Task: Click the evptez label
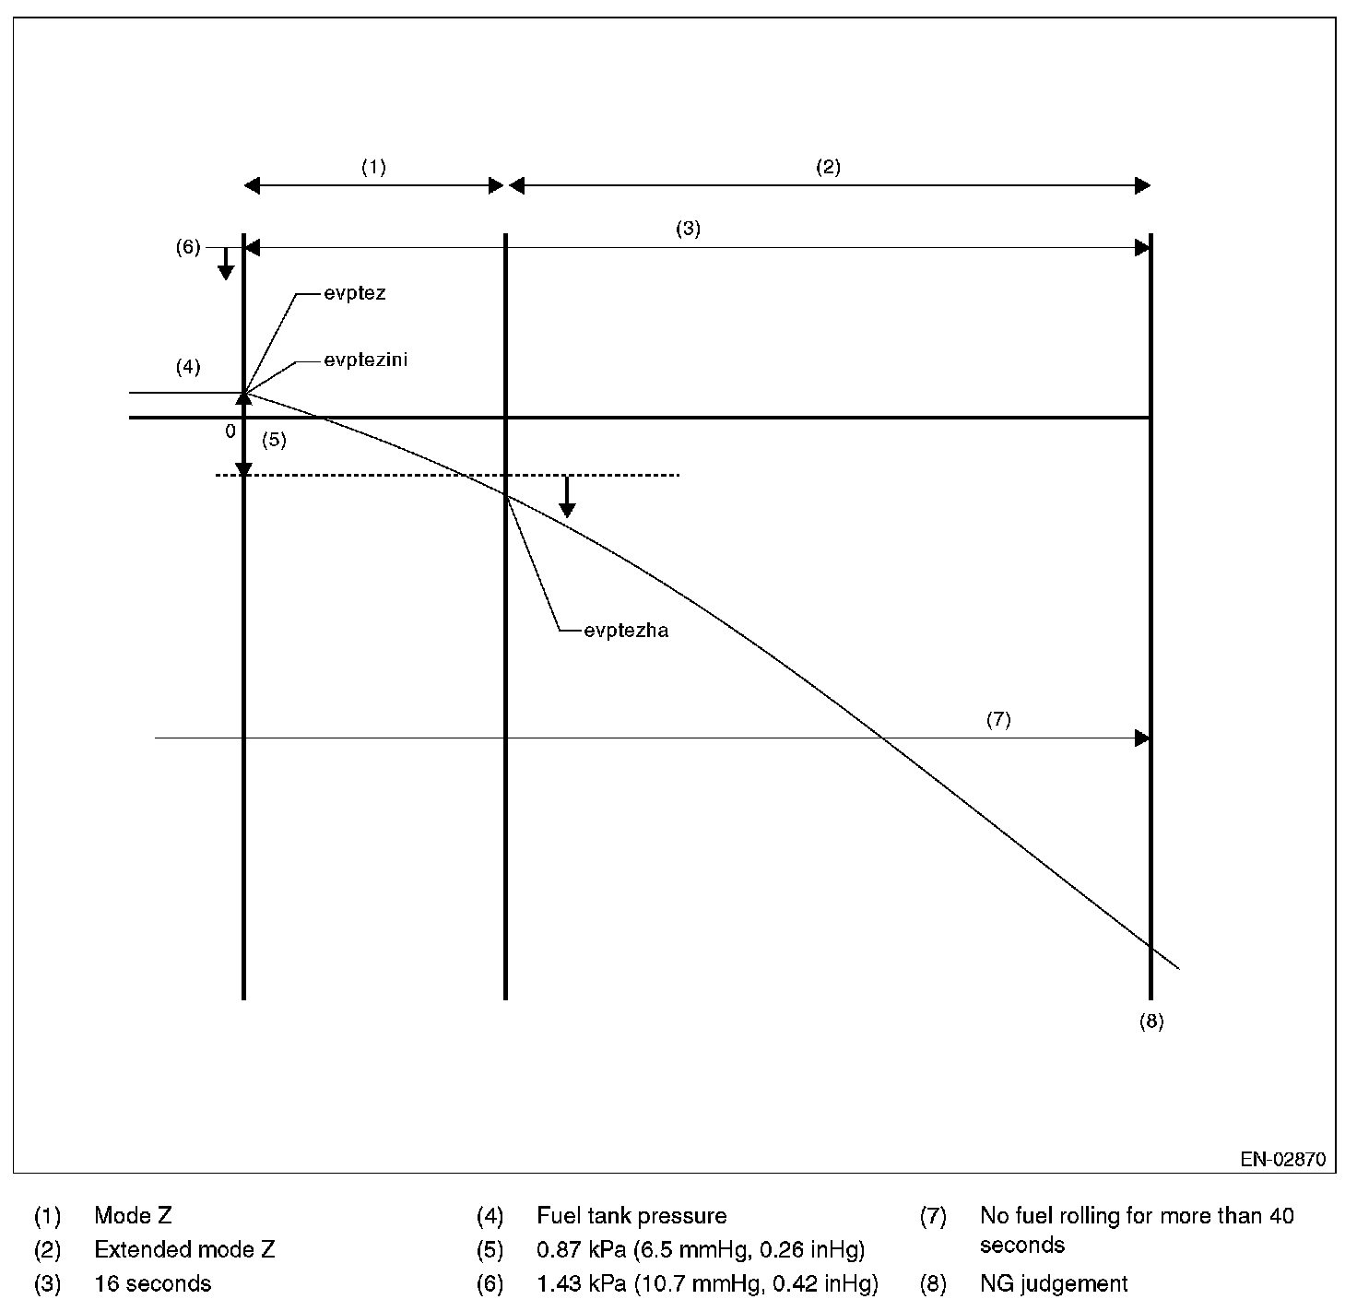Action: (x=354, y=294)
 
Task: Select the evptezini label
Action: (x=365, y=360)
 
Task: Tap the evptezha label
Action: (x=626, y=631)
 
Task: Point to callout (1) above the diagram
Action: (x=373, y=167)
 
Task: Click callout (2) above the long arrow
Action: (x=828, y=167)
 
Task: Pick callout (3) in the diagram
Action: (x=689, y=230)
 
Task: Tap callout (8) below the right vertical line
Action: (x=1151, y=1022)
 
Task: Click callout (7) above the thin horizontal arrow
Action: (x=998, y=720)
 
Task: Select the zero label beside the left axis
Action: (x=230, y=431)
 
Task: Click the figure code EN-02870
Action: (x=1282, y=1160)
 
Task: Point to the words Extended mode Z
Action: (x=184, y=1250)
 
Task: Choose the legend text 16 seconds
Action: (x=153, y=1283)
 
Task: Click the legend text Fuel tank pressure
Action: (x=631, y=1217)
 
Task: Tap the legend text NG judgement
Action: (x=1054, y=1283)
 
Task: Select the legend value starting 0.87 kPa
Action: (x=701, y=1250)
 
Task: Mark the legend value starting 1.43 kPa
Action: (x=707, y=1283)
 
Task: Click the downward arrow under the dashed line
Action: (x=568, y=498)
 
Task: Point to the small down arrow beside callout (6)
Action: (x=225, y=266)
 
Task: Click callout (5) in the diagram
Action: (x=274, y=440)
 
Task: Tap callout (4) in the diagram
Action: (x=188, y=367)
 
